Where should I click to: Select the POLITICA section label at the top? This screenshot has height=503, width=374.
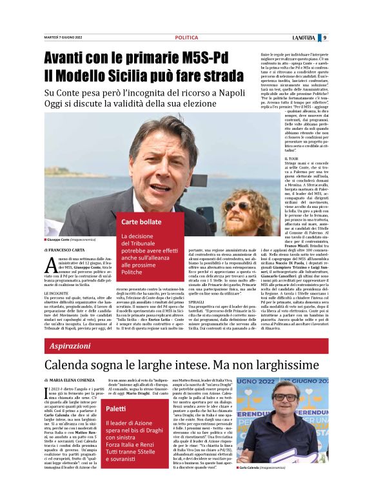point(186,37)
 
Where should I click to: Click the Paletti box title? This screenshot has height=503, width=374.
point(117,409)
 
